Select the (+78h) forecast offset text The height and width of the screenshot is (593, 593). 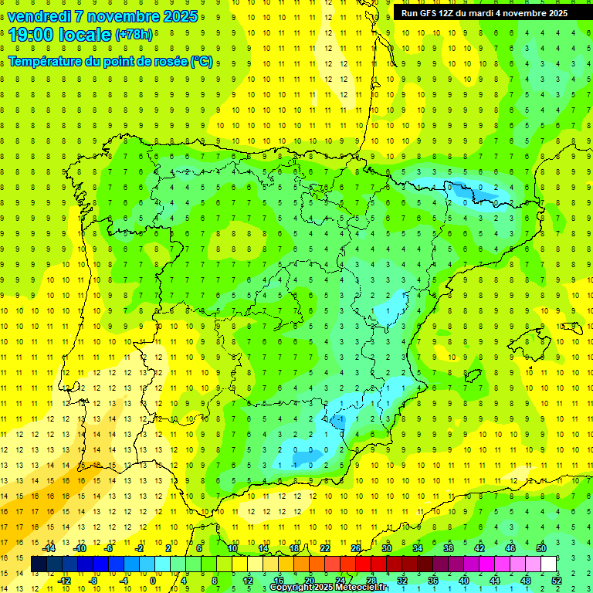(134, 36)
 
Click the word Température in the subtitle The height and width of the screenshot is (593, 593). (47, 62)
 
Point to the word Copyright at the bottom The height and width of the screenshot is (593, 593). (293, 588)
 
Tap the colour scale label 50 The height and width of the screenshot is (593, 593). (540, 548)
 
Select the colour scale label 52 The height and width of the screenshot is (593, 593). (557, 581)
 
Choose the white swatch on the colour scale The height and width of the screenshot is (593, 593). (548, 564)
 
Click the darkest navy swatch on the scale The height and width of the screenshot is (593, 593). (39, 564)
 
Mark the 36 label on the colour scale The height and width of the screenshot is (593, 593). (433, 581)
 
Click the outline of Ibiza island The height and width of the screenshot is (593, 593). (473, 376)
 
